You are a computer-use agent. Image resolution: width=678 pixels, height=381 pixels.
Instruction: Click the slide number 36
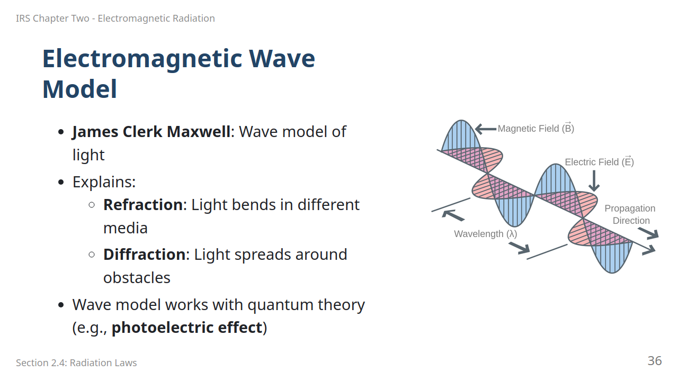pos(655,361)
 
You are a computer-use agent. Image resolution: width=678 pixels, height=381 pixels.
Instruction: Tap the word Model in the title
pos(79,89)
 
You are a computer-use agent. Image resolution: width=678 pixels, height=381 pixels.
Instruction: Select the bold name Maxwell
pos(199,132)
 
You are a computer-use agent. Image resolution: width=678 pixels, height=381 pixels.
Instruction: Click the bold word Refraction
pos(143,205)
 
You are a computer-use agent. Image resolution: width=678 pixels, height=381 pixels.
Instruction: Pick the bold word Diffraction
pos(145,255)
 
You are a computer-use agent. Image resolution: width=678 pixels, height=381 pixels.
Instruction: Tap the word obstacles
pos(137,278)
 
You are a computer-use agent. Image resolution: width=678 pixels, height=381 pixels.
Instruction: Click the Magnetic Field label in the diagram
pos(536,128)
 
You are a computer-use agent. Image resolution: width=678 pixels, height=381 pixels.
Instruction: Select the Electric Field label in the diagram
pos(599,162)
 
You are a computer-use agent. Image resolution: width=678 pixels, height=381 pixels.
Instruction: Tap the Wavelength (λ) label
pos(486,234)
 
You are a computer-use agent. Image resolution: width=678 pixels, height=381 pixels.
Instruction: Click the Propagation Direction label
pos(630,214)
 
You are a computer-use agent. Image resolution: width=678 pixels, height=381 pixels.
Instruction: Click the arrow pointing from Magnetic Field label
pos(486,129)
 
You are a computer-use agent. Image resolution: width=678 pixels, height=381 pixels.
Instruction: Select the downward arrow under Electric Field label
pos(594,181)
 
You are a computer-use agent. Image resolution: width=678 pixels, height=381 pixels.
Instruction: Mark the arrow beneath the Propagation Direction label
pos(648,233)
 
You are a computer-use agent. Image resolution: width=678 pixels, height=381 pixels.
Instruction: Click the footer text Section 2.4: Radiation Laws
pos(76,362)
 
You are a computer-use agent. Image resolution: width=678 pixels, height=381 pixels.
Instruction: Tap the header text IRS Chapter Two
pos(52,19)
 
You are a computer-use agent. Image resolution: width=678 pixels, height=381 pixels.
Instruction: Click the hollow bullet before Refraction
pos(92,205)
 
